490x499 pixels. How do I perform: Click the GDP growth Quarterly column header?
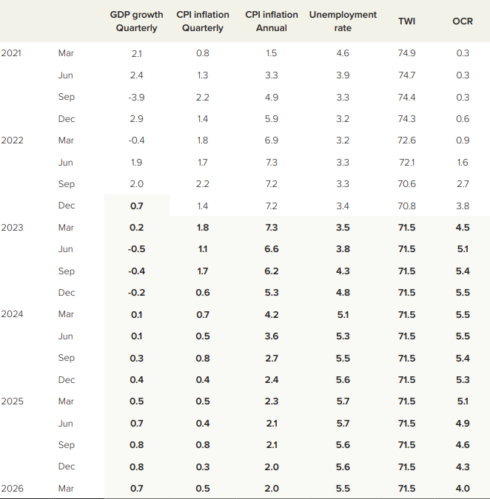click(136, 21)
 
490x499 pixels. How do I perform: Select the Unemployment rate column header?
click(343, 21)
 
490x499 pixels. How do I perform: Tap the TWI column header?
click(406, 21)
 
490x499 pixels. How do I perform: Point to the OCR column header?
click(463, 21)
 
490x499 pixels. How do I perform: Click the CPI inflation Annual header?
click(272, 21)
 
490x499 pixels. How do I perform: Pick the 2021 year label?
click(13, 53)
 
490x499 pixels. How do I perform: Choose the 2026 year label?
click(13, 489)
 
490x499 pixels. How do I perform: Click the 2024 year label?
click(13, 314)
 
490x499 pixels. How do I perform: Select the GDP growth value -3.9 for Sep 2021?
click(136, 97)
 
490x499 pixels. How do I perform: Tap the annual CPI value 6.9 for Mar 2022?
click(272, 140)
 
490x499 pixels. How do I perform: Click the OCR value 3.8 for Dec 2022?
click(463, 206)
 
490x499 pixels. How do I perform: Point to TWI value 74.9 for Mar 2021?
click(406, 53)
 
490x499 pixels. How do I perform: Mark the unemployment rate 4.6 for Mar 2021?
click(343, 53)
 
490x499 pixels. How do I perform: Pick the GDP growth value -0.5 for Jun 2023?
click(136, 249)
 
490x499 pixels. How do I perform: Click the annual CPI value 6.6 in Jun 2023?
click(272, 249)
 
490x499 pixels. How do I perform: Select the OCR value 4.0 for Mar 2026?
click(463, 489)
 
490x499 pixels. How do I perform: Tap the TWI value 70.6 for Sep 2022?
click(406, 184)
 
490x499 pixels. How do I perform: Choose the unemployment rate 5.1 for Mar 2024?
click(343, 314)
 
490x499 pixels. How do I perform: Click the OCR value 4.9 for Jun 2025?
click(463, 424)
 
